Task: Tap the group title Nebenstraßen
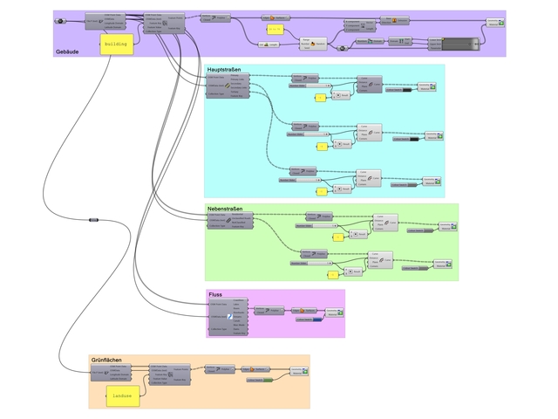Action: (x=225, y=209)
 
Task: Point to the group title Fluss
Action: (x=215, y=295)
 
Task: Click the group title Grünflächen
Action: (x=105, y=360)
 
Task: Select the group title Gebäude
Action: (x=69, y=52)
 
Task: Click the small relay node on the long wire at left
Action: (x=93, y=221)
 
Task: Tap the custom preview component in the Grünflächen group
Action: (x=300, y=372)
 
